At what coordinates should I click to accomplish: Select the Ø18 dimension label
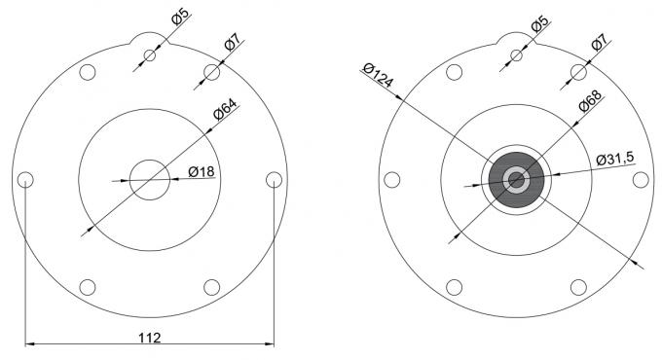(201, 172)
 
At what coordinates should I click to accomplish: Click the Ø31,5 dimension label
(615, 158)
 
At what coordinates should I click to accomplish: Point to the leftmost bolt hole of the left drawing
(25, 179)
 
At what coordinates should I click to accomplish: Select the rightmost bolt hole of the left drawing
(274, 179)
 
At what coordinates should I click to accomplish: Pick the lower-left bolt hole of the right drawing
(455, 287)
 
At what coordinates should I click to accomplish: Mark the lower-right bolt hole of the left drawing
(211, 287)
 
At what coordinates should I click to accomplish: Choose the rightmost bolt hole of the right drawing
(641, 179)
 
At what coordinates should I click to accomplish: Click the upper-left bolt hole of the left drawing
(88, 72)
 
